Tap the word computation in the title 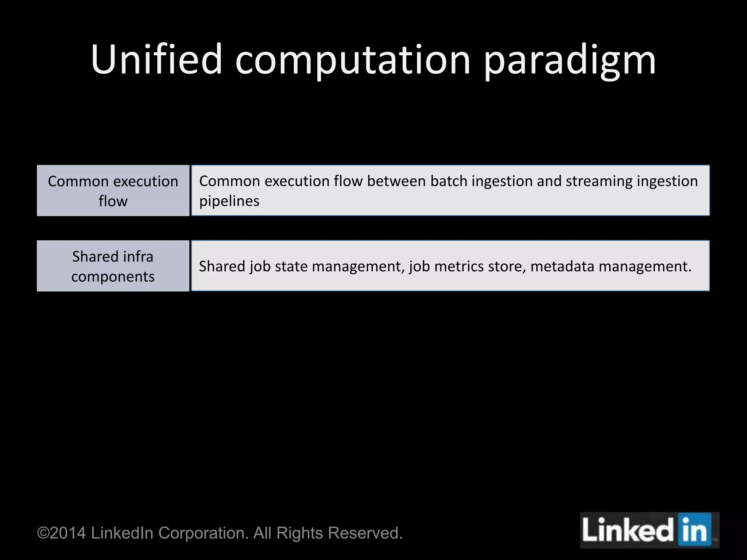tap(353, 60)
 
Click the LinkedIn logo tap(649, 530)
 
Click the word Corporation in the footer tap(204, 533)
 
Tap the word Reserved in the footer tap(365, 533)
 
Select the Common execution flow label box tap(113, 191)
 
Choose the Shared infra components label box tap(113, 266)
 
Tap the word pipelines tap(229, 201)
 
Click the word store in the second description tap(505, 267)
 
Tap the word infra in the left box tap(138, 257)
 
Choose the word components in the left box tap(113, 277)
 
